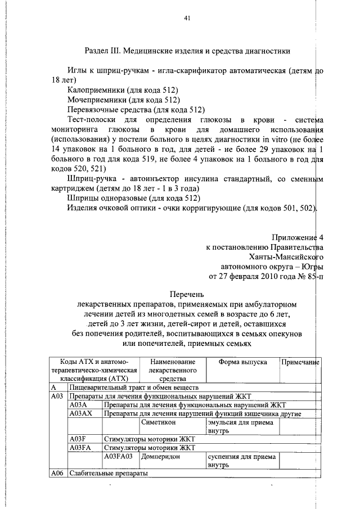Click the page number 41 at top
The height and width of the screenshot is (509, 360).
coord(188,18)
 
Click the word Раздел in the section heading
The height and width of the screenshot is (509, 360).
coord(97,51)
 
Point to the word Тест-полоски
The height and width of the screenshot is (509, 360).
coord(90,119)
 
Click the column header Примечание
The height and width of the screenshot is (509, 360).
coord(300,362)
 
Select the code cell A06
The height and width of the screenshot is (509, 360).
coord(56,473)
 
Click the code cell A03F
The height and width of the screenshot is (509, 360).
coord(78,438)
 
